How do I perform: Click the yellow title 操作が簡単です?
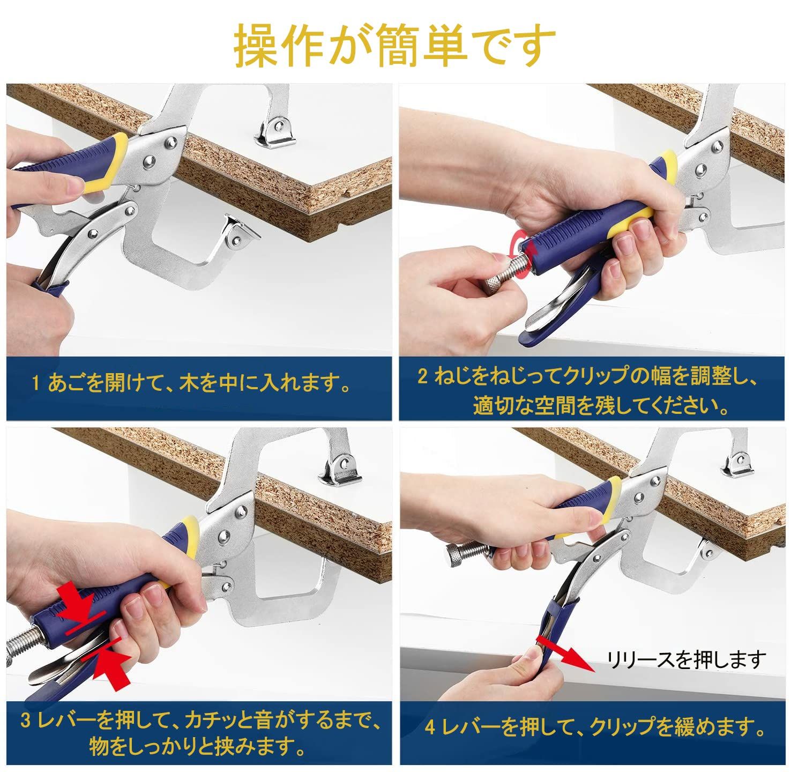coord(394,44)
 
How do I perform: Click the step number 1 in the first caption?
coord(36,383)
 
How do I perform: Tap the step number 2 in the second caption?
coord(423,376)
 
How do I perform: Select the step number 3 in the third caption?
coord(25,721)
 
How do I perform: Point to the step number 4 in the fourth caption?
coord(430,728)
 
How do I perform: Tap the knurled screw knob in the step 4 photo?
coord(459,554)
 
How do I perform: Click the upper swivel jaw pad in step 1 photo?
coord(275,133)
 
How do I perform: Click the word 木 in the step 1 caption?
coord(188,383)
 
